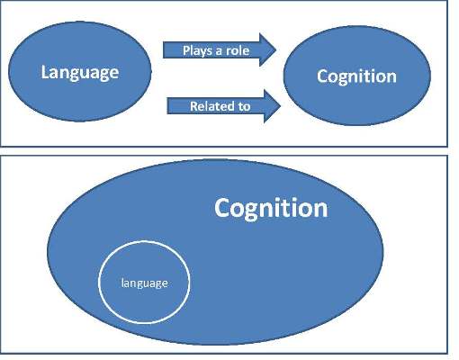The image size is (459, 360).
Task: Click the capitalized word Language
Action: point(80,73)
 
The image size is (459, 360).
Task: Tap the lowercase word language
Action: point(144,283)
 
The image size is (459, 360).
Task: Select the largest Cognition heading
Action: point(271,208)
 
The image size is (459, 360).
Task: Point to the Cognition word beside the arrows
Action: point(356,76)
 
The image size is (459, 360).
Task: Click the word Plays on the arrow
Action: point(198,50)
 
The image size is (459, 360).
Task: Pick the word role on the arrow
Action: point(238,50)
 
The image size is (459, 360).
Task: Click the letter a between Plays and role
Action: point(219,51)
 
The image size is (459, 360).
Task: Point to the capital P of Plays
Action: point(186,50)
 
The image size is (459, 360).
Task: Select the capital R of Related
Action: point(193,106)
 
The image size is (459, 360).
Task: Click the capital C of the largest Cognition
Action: point(222,208)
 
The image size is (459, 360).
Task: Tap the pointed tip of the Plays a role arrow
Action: point(276,49)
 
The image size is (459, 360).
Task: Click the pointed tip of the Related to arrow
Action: point(280,105)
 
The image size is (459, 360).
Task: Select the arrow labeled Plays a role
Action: point(220,49)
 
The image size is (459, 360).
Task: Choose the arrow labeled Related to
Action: point(223,105)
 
